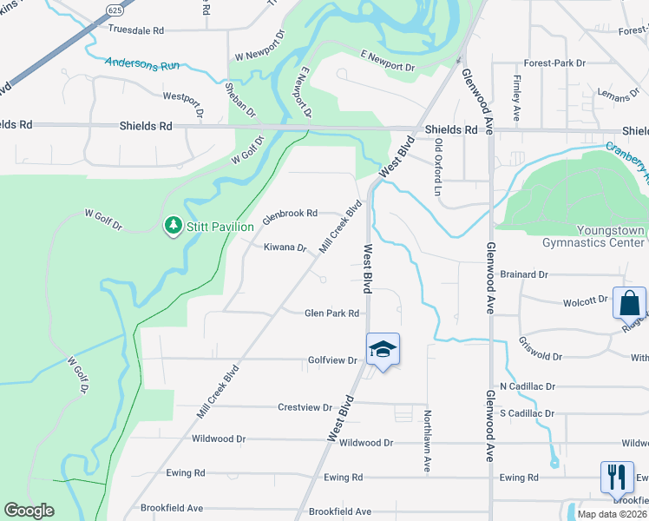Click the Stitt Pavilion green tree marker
point(174,226)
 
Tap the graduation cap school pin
point(383,349)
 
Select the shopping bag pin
point(629,304)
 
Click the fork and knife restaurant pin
point(617,478)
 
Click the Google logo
point(29,511)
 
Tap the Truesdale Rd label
point(136,30)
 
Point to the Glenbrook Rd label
point(290,213)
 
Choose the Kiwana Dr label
point(285,247)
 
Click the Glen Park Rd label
point(331,313)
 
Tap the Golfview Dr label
point(332,359)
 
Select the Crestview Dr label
point(305,407)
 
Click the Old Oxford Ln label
point(439,168)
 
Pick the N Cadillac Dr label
point(527,386)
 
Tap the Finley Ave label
point(517,97)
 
